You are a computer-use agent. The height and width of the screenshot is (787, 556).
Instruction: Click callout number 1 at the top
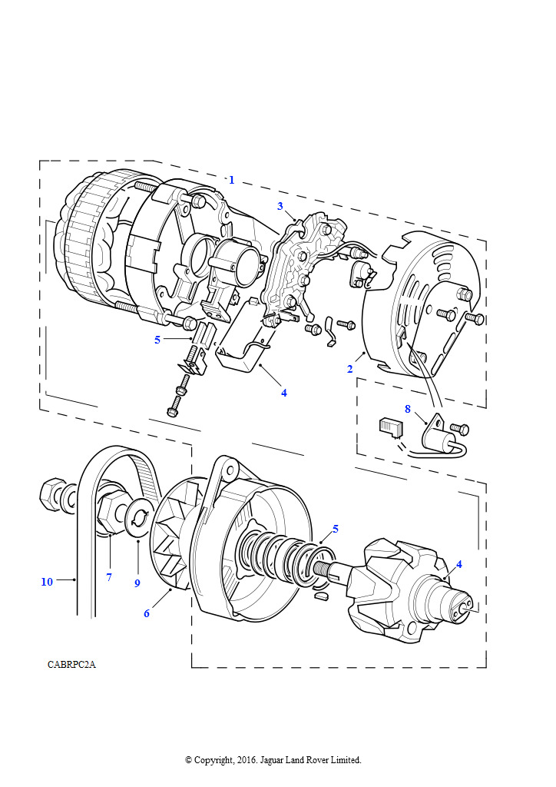(x=232, y=180)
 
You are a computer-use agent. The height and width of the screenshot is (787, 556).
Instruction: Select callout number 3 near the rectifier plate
(x=280, y=206)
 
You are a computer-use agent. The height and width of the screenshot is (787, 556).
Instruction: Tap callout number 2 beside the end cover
(x=350, y=369)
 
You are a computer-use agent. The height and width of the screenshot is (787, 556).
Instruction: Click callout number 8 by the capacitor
(x=408, y=409)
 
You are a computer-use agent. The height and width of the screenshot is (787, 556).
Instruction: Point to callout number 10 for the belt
(x=47, y=582)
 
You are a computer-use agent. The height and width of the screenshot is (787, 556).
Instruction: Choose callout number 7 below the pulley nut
(x=109, y=577)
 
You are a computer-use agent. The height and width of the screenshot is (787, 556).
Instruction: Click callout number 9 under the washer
(x=137, y=583)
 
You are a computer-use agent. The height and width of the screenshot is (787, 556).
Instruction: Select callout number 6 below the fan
(x=147, y=613)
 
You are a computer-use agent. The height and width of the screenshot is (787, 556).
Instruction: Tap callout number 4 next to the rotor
(x=458, y=564)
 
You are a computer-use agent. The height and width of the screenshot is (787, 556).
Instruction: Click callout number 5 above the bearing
(x=336, y=529)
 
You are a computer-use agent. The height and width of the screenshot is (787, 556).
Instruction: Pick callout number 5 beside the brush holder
(x=157, y=340)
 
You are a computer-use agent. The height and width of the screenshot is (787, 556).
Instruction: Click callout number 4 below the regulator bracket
(x=284, y=393)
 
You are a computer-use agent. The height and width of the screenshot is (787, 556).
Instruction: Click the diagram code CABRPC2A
(x=71, y=665)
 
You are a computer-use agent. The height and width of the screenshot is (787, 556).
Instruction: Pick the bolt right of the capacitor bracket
(x=460, y=429)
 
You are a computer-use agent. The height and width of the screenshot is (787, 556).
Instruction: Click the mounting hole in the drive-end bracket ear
(x=230, y=470)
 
